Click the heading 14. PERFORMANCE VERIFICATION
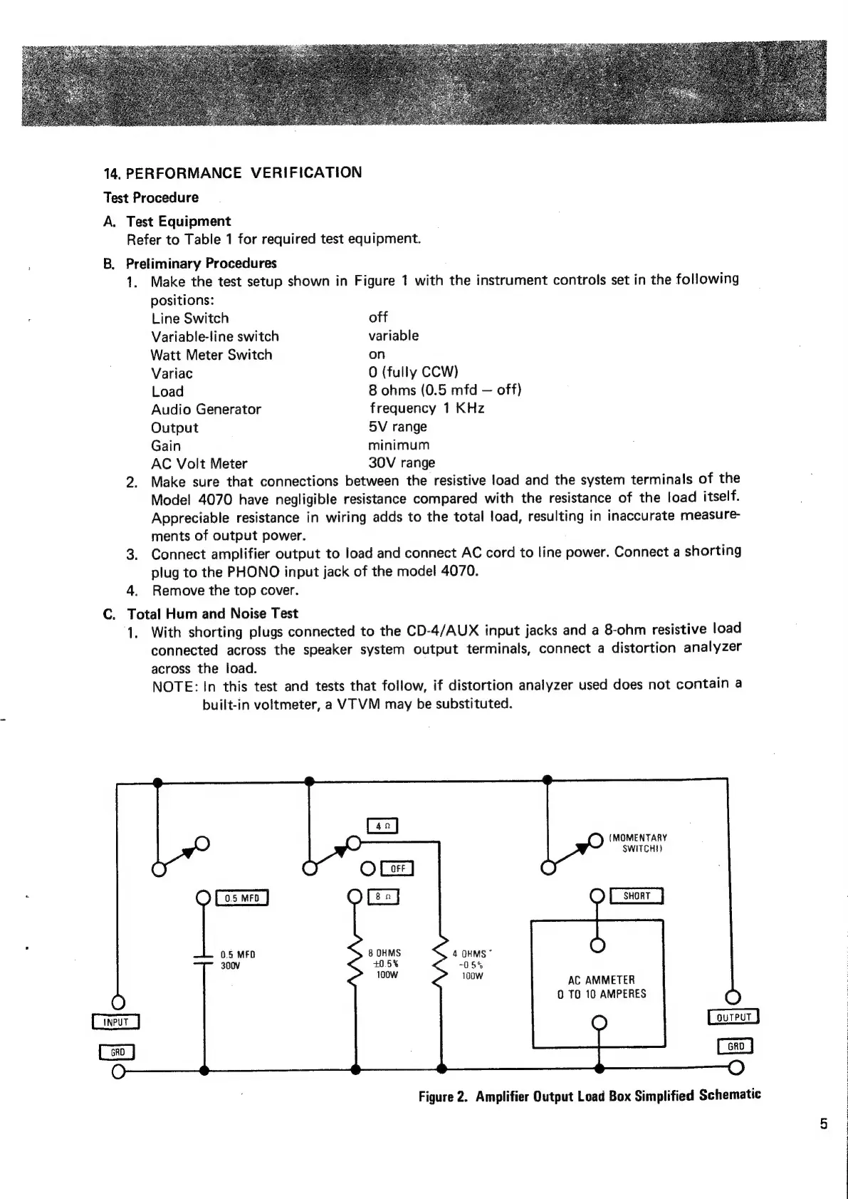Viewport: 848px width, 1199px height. pos(233,173)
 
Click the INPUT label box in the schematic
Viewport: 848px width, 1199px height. pos(115,1022)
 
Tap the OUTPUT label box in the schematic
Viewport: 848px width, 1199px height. pos(733,1017)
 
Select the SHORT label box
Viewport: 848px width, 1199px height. pos(637,896)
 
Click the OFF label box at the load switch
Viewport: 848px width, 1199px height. pos(397,868)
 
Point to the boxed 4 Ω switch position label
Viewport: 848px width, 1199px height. pos(382,826)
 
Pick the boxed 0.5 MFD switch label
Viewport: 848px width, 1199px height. pos(241,898)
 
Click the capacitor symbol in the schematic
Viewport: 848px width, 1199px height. pos(204,959)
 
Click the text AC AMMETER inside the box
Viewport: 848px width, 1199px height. pos(602,980)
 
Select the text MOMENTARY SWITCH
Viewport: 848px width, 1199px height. pos(638,843)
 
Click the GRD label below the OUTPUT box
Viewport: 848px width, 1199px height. pos(736,1046)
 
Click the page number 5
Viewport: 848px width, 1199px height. pos(824,1124)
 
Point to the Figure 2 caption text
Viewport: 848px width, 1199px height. pos(590,1095)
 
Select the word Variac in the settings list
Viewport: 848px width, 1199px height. pos(172,373)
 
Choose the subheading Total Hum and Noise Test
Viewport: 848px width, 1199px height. pos(212,613)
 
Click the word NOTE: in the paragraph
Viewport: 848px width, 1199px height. pos(174,687)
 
